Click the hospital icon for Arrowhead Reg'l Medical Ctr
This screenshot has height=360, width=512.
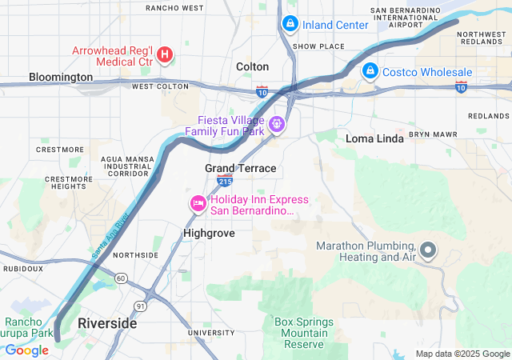165,54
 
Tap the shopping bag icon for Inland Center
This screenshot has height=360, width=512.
290,25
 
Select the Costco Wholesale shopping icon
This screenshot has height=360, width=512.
370,72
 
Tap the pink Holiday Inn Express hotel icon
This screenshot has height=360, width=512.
197,204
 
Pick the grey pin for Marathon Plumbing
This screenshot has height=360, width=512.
428,251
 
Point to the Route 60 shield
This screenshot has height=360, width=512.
120,278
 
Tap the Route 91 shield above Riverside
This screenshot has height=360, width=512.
141,306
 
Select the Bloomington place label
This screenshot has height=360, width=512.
61,77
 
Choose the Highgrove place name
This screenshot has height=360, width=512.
209,233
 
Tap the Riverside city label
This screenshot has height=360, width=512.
107,324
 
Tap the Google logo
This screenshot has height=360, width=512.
26,350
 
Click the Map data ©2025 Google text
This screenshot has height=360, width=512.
462,354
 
